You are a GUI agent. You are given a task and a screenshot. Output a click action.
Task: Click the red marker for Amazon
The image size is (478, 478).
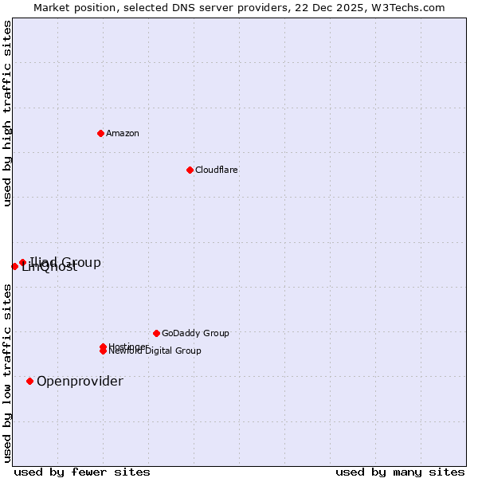pos(100,133)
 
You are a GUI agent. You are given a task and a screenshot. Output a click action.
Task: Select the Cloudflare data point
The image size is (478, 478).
pos(190,170)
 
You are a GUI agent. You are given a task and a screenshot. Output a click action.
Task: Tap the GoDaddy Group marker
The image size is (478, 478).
pos(156,333)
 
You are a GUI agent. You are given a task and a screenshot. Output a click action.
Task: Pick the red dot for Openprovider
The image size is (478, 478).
pos(29,381)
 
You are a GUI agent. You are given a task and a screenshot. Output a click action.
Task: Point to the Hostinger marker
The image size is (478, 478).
pos(103,347)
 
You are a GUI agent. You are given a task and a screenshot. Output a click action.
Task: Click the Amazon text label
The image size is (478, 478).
pos(122,133)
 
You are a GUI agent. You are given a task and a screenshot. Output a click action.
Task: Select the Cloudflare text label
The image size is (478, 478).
pos(216,170)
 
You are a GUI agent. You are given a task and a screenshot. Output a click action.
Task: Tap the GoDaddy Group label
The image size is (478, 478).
pos(195,333)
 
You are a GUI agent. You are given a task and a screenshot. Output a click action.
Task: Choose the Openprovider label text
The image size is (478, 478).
pos(80,381)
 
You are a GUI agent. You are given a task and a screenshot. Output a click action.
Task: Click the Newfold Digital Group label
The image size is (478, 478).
pos(155,351)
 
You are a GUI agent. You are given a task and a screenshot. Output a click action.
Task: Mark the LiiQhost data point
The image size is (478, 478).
pos(14,266)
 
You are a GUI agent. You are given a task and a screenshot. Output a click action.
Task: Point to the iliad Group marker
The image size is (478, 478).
pos(22,262)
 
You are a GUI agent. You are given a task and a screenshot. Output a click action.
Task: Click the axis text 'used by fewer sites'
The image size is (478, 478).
pos(82,472)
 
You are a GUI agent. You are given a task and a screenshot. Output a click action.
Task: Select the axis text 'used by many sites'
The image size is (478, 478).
pos(400,472)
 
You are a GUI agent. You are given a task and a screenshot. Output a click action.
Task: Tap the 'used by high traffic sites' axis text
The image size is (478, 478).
pos(8,114)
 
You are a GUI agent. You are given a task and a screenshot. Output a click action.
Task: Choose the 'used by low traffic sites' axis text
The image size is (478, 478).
pos(8,373)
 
